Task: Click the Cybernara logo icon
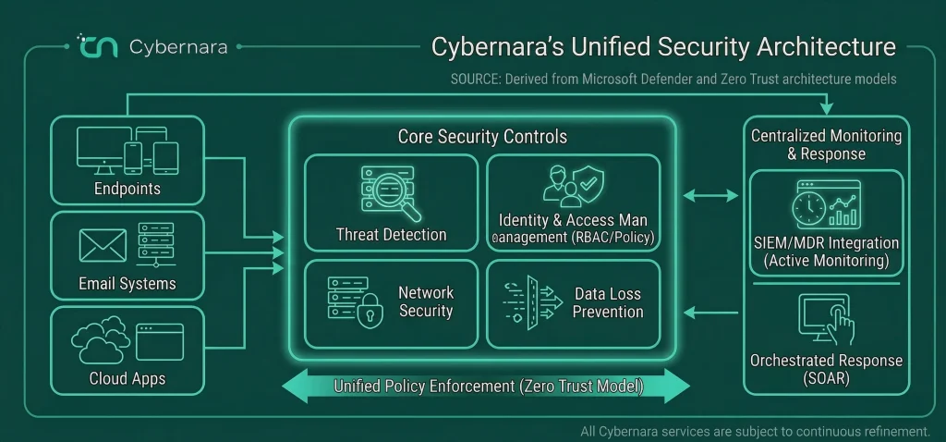[97, 46]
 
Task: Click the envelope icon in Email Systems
[103, 245]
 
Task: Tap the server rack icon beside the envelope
[155, 244]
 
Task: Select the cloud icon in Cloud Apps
[100, 339]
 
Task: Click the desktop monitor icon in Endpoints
[103, 150]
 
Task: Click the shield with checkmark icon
[588, 183]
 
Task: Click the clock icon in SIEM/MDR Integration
[809, 209]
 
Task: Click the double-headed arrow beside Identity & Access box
[710, 196]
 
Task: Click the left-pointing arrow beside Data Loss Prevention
[710, 313]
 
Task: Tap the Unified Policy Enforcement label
[488, 387]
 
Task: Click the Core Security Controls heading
[482, 137]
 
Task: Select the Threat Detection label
[392, 235]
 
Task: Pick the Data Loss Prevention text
[608, 303]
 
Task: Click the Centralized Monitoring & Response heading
[826, 145]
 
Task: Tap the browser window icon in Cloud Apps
[159, 342]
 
